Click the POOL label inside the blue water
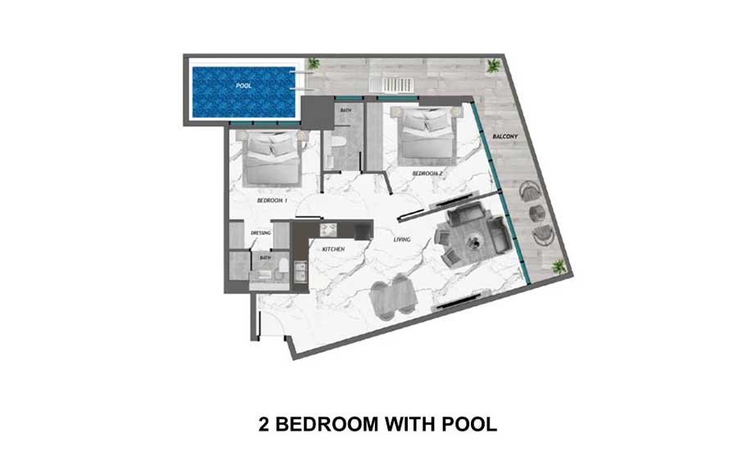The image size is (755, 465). click(244, 86)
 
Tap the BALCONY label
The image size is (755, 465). click(505, 137)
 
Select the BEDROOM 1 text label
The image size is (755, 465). click(272, 201)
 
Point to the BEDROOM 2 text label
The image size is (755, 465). click(427, 174)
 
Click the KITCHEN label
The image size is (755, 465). click(333, 250)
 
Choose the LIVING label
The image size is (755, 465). click(402, 239)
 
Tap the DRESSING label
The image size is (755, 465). click(260, 233)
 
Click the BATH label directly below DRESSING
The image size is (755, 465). click(265, 258)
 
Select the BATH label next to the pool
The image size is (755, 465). click(346, 111)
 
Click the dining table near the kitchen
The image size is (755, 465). click(393, 296)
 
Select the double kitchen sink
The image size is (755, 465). click(301, 272)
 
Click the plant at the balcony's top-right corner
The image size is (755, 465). click(494, 66)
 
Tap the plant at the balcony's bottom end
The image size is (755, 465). click(558, 266)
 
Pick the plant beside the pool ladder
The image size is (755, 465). click(314, 63)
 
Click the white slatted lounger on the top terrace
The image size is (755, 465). click(391, 84)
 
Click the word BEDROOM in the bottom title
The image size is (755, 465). click(327, 425)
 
